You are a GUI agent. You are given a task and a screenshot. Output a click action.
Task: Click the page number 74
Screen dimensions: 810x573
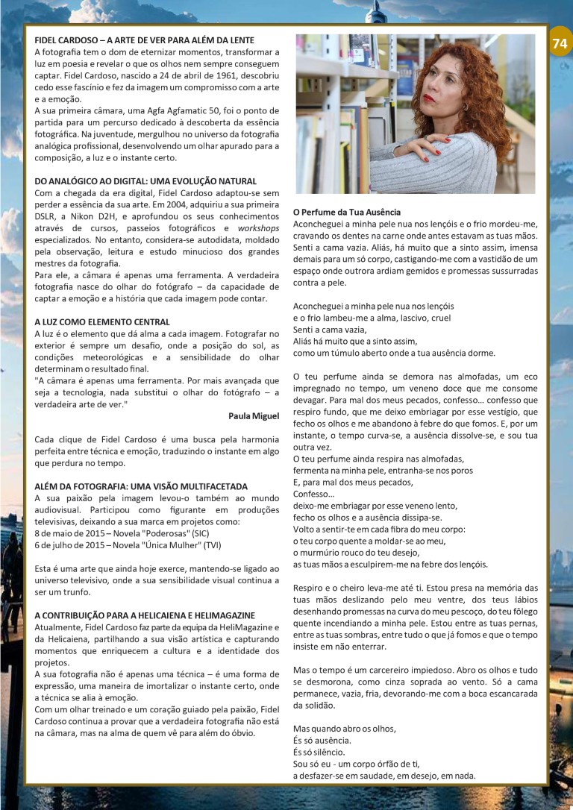[560, 43]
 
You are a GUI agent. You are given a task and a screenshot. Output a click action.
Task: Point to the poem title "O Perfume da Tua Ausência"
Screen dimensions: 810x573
[347, 212]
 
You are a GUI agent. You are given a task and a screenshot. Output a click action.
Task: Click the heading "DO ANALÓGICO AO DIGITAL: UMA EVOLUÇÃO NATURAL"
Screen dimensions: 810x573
[145, 181]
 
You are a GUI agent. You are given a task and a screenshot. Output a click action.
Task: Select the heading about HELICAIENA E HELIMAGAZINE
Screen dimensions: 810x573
[145, 615]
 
